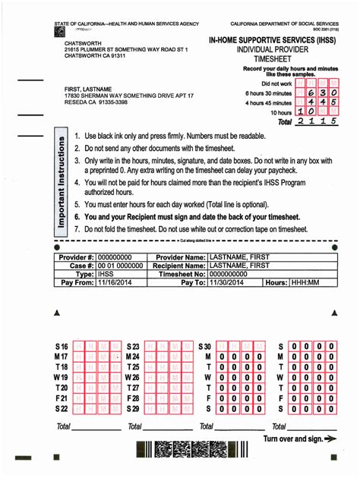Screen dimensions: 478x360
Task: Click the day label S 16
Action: (61, 346)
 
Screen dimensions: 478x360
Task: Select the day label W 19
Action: (61, 377)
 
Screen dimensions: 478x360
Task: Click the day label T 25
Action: (133, 367)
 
